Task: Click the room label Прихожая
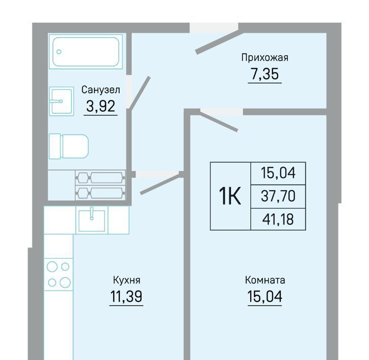pos(265,58)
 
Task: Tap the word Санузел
pos(100,90)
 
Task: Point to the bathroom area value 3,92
pos(100,106)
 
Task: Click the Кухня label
pos(126,280)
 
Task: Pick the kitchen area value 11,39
pos(126,296)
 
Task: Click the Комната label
pos(265,280)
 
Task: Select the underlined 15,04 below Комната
pos(265,296)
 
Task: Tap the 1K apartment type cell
pos(230,196)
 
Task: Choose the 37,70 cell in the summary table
pos(278,196)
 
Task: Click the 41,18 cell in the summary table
pos(278,219)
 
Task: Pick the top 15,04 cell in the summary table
pos(278,173)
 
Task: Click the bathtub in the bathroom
pos(86,52)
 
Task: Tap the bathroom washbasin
pos(61,101)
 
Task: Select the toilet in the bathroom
pos(69,146)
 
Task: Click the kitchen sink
pos(92,220)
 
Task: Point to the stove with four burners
pos(58,274)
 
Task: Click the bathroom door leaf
pos(139,93)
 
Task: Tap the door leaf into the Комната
pos(219,121)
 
